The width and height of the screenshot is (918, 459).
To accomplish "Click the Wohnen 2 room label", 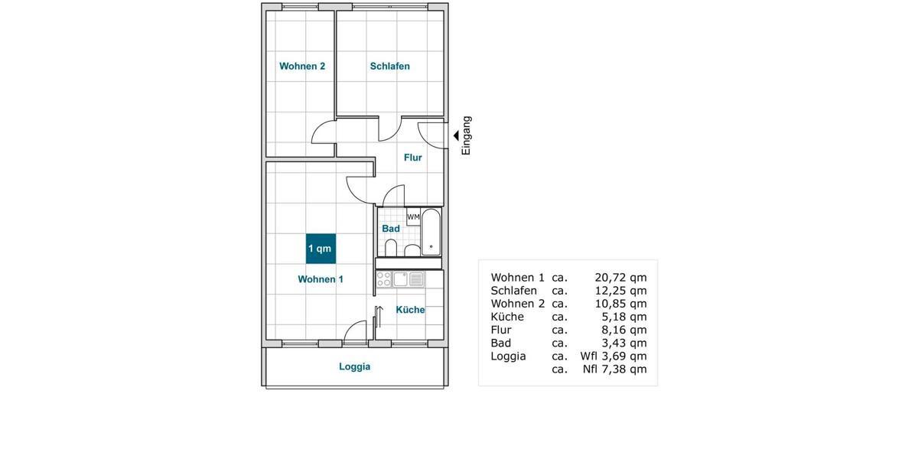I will point(302,67).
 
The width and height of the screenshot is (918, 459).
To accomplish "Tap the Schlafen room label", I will point(389,67).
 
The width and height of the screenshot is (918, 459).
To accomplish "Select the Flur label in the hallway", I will point(413,158).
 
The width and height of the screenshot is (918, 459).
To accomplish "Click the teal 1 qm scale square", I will point(321,249).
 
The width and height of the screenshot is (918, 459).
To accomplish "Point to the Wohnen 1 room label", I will point(321,280).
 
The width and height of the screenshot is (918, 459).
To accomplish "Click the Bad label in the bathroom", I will point(391,229).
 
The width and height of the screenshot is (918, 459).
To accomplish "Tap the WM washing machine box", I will point(413,217).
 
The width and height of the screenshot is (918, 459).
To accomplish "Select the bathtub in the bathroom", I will point(431,232).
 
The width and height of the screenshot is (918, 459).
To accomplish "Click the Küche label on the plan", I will point(410,310).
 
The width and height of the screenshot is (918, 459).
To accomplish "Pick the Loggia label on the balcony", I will point(355,367).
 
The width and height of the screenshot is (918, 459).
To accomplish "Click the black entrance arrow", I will point(456,135).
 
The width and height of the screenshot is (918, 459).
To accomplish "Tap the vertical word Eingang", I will point(467,135).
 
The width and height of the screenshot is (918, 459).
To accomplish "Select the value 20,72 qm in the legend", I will point(620,278).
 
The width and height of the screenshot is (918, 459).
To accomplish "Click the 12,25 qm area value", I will point(620,291).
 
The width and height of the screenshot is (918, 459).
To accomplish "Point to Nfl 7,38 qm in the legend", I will point(614,369).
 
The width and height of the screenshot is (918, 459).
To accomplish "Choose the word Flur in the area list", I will point(501,330).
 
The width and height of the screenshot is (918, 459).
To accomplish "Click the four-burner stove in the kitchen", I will point(384,278).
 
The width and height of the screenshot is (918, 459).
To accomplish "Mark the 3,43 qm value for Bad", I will point(624,343).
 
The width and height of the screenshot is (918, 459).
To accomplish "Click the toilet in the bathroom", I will point(391,249).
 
